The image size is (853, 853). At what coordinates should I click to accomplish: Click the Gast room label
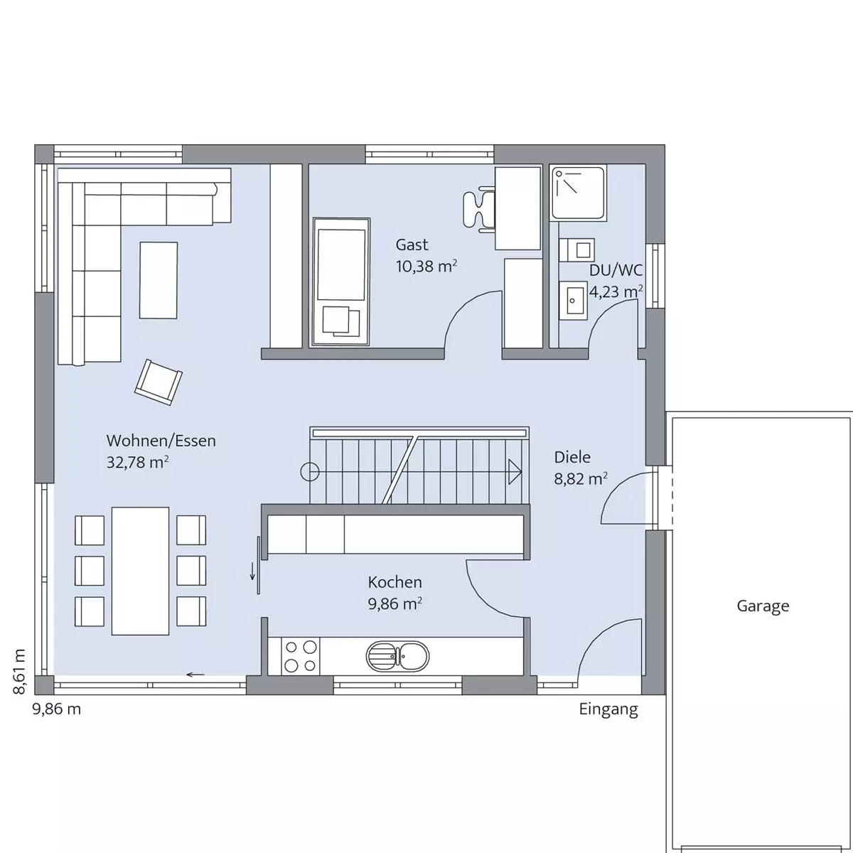412,245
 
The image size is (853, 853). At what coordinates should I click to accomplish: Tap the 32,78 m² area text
138,463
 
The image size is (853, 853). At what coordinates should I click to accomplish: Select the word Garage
763,606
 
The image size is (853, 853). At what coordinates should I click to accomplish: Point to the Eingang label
608,709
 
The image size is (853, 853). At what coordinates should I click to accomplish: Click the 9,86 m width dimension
57,709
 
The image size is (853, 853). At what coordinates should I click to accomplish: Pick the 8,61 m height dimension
19,672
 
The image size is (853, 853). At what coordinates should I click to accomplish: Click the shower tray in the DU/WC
578,193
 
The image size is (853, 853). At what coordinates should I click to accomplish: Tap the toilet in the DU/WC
576,250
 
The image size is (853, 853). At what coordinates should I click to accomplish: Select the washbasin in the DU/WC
573,300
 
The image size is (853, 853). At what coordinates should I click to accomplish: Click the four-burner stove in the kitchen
300,657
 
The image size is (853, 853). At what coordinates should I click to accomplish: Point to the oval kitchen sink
397,656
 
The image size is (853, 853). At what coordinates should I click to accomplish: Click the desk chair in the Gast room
478,210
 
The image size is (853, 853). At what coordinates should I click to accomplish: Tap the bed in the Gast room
341,281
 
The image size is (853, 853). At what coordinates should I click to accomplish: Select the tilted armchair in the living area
159,382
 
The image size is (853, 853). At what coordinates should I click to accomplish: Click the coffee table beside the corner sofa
159,280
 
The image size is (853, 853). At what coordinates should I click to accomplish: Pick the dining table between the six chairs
140,571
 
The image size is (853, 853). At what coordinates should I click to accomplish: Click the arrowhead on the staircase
515,472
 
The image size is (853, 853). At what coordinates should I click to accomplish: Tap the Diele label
572,457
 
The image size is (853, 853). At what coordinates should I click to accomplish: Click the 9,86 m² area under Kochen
395,603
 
